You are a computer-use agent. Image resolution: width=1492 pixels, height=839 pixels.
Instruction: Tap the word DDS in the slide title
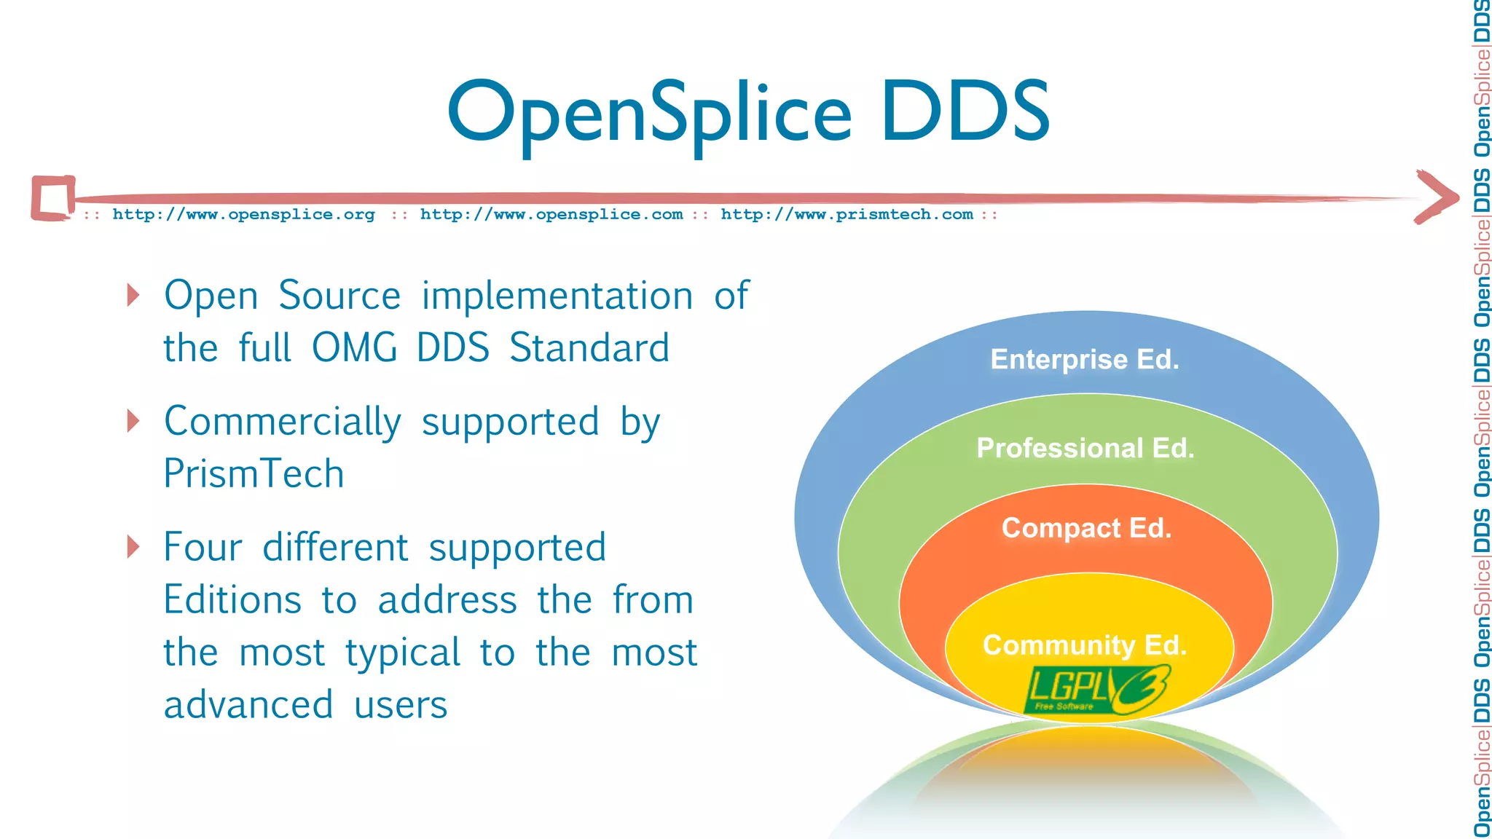(965, 111)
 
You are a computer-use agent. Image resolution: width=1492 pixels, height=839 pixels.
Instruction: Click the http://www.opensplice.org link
(243, 214)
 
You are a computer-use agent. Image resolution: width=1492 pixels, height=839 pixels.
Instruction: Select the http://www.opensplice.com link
(551, 214)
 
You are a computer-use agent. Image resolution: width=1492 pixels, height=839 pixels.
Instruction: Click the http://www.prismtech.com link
(847, 214)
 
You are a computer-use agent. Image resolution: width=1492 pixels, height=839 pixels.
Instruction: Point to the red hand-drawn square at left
(52, 197)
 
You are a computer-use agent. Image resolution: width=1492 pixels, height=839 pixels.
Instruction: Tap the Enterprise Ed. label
(1084, 359)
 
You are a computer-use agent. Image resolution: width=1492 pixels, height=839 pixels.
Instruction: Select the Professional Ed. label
(1085, 448)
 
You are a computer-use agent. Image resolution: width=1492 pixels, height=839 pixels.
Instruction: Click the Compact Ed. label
(1086, 528)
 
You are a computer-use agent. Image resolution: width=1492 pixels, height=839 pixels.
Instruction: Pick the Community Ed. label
(1085, 645)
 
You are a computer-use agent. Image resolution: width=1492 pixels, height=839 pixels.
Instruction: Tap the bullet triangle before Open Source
(133, 295)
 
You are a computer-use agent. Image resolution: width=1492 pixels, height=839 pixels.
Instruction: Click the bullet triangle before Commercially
(133, 421)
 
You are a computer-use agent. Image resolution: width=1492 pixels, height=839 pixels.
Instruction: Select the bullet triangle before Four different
(133, 546)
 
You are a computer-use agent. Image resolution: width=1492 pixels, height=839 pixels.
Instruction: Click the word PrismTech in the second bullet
(254, 474)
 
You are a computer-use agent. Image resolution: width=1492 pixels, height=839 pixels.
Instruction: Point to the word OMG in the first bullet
(354, 348)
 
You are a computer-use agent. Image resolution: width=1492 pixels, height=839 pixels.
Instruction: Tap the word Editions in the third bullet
(232, 600)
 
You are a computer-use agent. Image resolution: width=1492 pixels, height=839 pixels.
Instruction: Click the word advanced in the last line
(248, 705)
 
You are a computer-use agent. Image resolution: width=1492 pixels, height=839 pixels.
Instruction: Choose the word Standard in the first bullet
(589, 348)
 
